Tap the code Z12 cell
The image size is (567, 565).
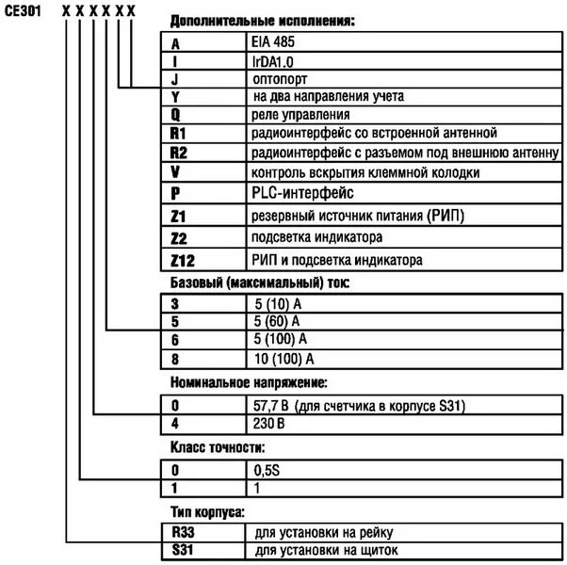point(185,259)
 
